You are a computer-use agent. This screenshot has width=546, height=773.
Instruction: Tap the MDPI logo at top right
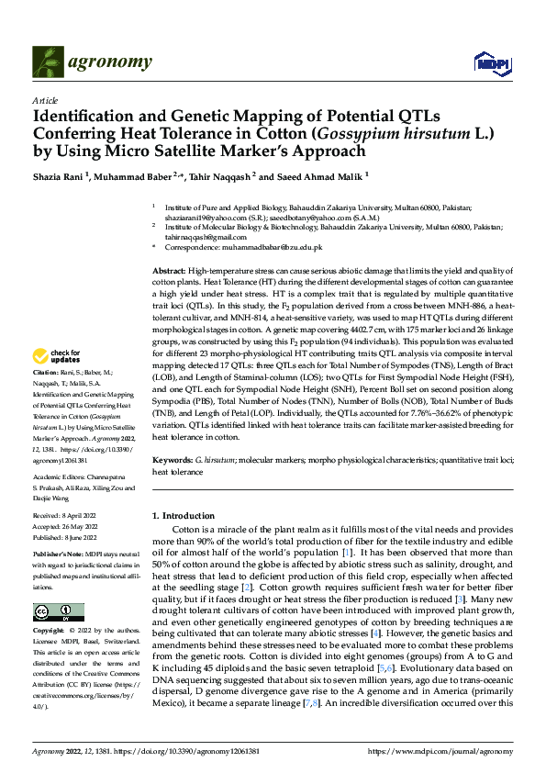click(x=488, y=62)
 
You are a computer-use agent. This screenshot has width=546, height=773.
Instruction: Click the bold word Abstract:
click(x=168, y=274)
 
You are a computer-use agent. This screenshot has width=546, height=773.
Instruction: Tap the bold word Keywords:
click(x=172, y=456)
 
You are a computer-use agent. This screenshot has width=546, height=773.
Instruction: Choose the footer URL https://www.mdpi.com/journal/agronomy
click(x=440, y=752)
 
